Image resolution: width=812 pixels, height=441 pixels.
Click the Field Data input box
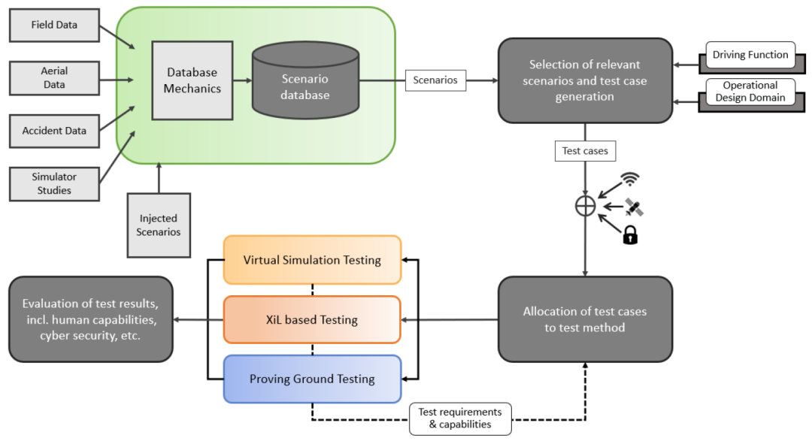54,26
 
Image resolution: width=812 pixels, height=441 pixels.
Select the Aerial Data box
54,78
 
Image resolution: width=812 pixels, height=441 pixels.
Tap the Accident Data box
54,131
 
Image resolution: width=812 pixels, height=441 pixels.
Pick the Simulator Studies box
54,183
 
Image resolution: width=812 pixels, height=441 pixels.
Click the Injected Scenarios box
159,225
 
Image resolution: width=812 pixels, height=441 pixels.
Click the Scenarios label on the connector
435,80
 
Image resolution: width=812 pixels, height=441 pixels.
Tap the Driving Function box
750,55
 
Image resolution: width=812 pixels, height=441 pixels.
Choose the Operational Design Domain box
750,92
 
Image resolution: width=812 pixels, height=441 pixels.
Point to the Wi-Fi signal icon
630,180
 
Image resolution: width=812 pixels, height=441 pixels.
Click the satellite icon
635,207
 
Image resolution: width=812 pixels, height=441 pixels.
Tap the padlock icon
629,235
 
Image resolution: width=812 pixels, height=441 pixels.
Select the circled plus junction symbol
585,206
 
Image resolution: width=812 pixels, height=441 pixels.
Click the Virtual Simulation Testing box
312,260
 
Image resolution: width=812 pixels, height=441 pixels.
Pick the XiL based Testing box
312,319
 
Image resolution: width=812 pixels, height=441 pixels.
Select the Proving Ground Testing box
312,379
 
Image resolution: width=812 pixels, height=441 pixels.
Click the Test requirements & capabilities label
460,418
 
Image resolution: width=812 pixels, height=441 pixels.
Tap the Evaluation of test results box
91,319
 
